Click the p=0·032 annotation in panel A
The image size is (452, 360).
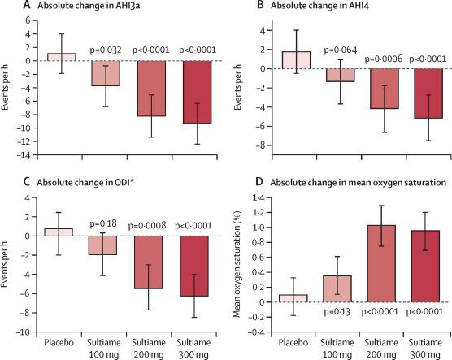[x=106, y=50]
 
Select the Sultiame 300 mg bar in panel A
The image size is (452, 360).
[x=198, y=92]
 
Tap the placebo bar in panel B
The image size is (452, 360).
[x=296, y=60]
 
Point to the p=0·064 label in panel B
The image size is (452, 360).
[x=341, y=50]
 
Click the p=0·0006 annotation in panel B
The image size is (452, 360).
[x=384, y=59]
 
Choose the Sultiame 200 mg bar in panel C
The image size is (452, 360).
[x=149, y=262]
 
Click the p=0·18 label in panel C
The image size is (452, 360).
[x=103, y=223]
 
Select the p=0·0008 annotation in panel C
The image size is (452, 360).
[x=147, y=225]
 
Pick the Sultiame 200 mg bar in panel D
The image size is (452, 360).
[x=381, y=264]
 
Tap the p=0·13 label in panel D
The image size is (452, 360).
[x=337, y=311]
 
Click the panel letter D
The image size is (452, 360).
[x=259, y=182]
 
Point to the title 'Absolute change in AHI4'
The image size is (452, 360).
[x=319, y=6]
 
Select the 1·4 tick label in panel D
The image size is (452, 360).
[x=259, y=197]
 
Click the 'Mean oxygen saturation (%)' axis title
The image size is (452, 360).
[x=237, y=264]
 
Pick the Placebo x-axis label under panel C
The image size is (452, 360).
[x=59, y=342]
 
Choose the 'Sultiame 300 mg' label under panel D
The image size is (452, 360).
[x=425, y=348]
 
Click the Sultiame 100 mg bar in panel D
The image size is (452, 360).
[x=337, y=288]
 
